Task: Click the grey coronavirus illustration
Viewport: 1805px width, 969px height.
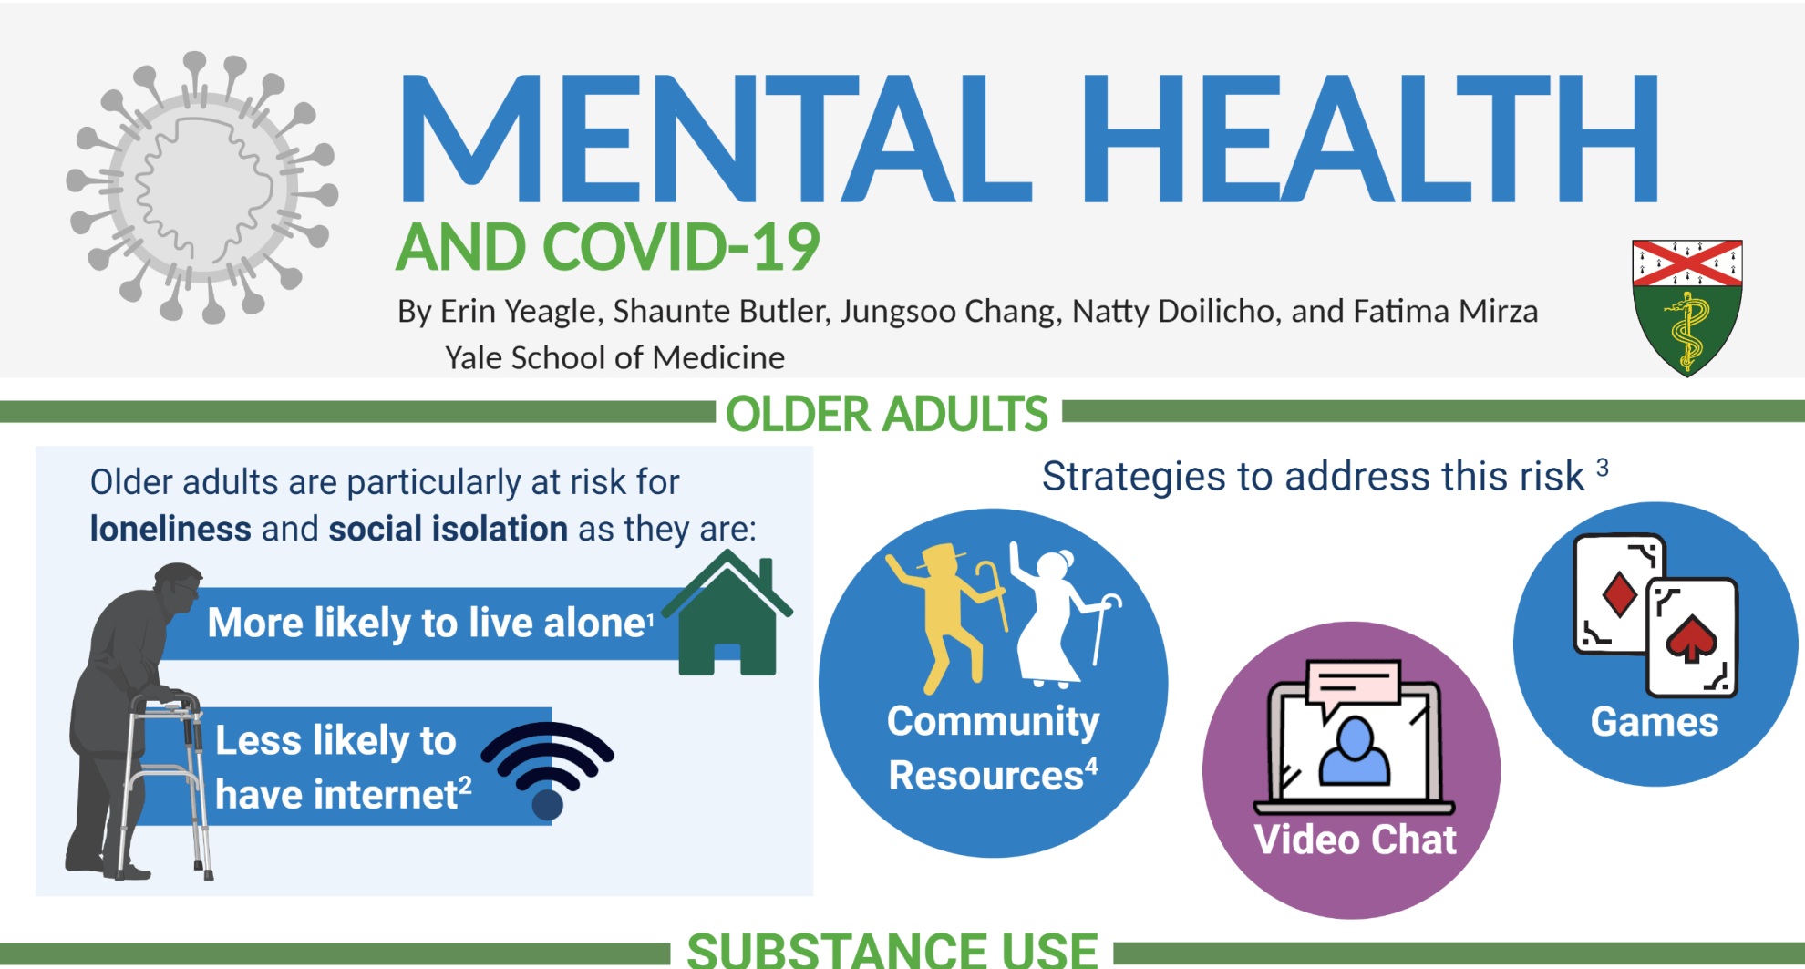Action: (x=202, y=188)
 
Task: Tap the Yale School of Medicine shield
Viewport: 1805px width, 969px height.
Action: (x=1687, y=308)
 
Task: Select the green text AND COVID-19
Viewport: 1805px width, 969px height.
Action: (x=608, y=247)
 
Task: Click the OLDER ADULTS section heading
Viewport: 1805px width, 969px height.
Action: (x=887, y=414)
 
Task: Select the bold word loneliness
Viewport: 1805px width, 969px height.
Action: (x=170, y=529)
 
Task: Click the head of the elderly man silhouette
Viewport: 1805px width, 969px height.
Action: (x=179, y=587)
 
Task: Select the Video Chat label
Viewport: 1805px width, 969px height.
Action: (x=1355, y=840)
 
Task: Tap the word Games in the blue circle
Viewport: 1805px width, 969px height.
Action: (x=1655, y=722)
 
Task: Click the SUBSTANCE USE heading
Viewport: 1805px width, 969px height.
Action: (x=892, y=950)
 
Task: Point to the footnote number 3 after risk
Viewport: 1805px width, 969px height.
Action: (x=1603, y=468)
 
